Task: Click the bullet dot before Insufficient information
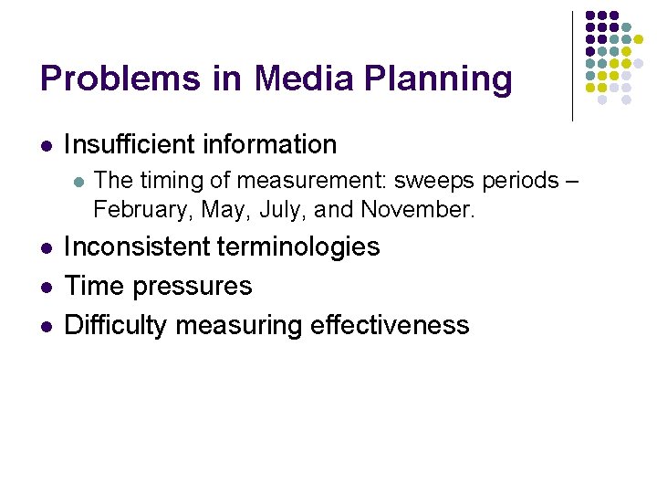pos(47,145)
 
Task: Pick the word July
pos(281,209)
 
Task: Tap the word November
pos(417,209)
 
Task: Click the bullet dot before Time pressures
pos(47,287)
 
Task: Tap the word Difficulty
pos(116,325)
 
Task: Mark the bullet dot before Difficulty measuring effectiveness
pos(47,326)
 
